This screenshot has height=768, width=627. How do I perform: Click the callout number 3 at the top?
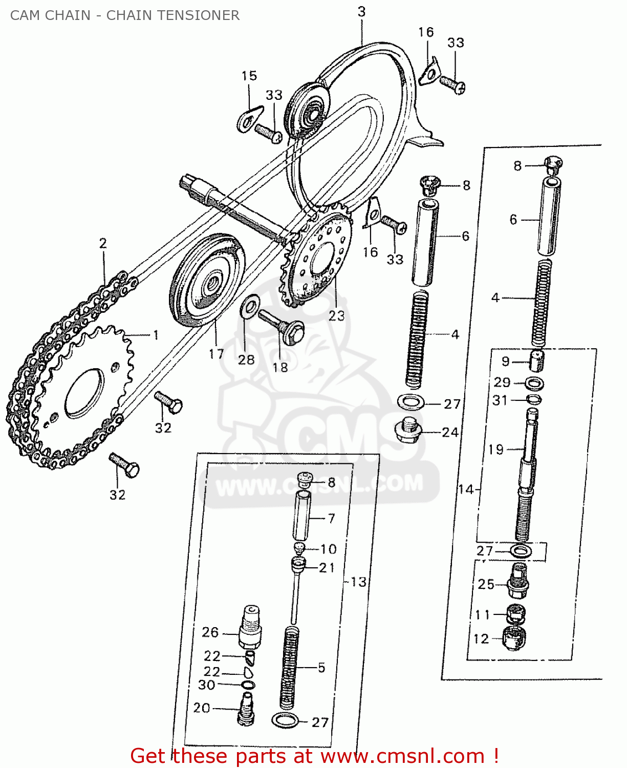click(361, 12)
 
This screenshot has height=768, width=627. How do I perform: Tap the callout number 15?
click(249, 76)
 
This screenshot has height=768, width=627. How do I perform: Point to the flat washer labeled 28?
click(249, 307)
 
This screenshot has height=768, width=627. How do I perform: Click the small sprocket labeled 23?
click(318, 256)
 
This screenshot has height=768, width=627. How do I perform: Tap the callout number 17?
click(217, 353)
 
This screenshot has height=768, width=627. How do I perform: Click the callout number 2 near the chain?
click(103, 243)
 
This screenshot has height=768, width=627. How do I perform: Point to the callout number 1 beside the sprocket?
click(156, 335)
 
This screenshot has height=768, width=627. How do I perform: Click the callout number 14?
click(466, 489)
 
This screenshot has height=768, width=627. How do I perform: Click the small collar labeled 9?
click(536, 361)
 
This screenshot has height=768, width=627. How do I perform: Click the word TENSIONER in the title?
click(202, 15)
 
